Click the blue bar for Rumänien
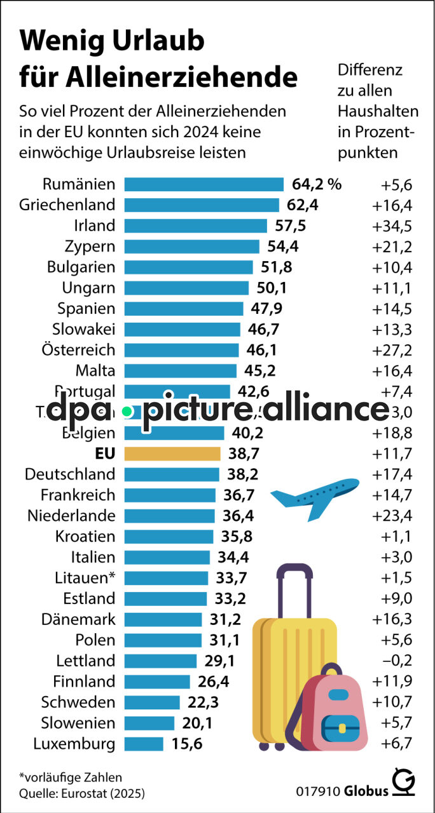pyautogui.click(x=204, y=184)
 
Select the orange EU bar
pyautogui.click(x=172, y=454)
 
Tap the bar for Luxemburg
pyautogui.click(x=144, y=744)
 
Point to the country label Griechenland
pyautogui.click(x=67, y=205)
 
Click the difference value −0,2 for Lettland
pyautogui.click(x=397, y=661)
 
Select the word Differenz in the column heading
pyautogui.click(x=370, y=70)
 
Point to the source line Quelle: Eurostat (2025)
pyautogui.click(x=82, y=793)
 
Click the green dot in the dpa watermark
pyautogui.click(x=127, y=412)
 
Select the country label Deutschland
pyautogui.click(x=70, y=474)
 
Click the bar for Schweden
pyautogui.click(x=152, y=702)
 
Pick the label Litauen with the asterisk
pyautogui.click(x=85, y=577)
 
